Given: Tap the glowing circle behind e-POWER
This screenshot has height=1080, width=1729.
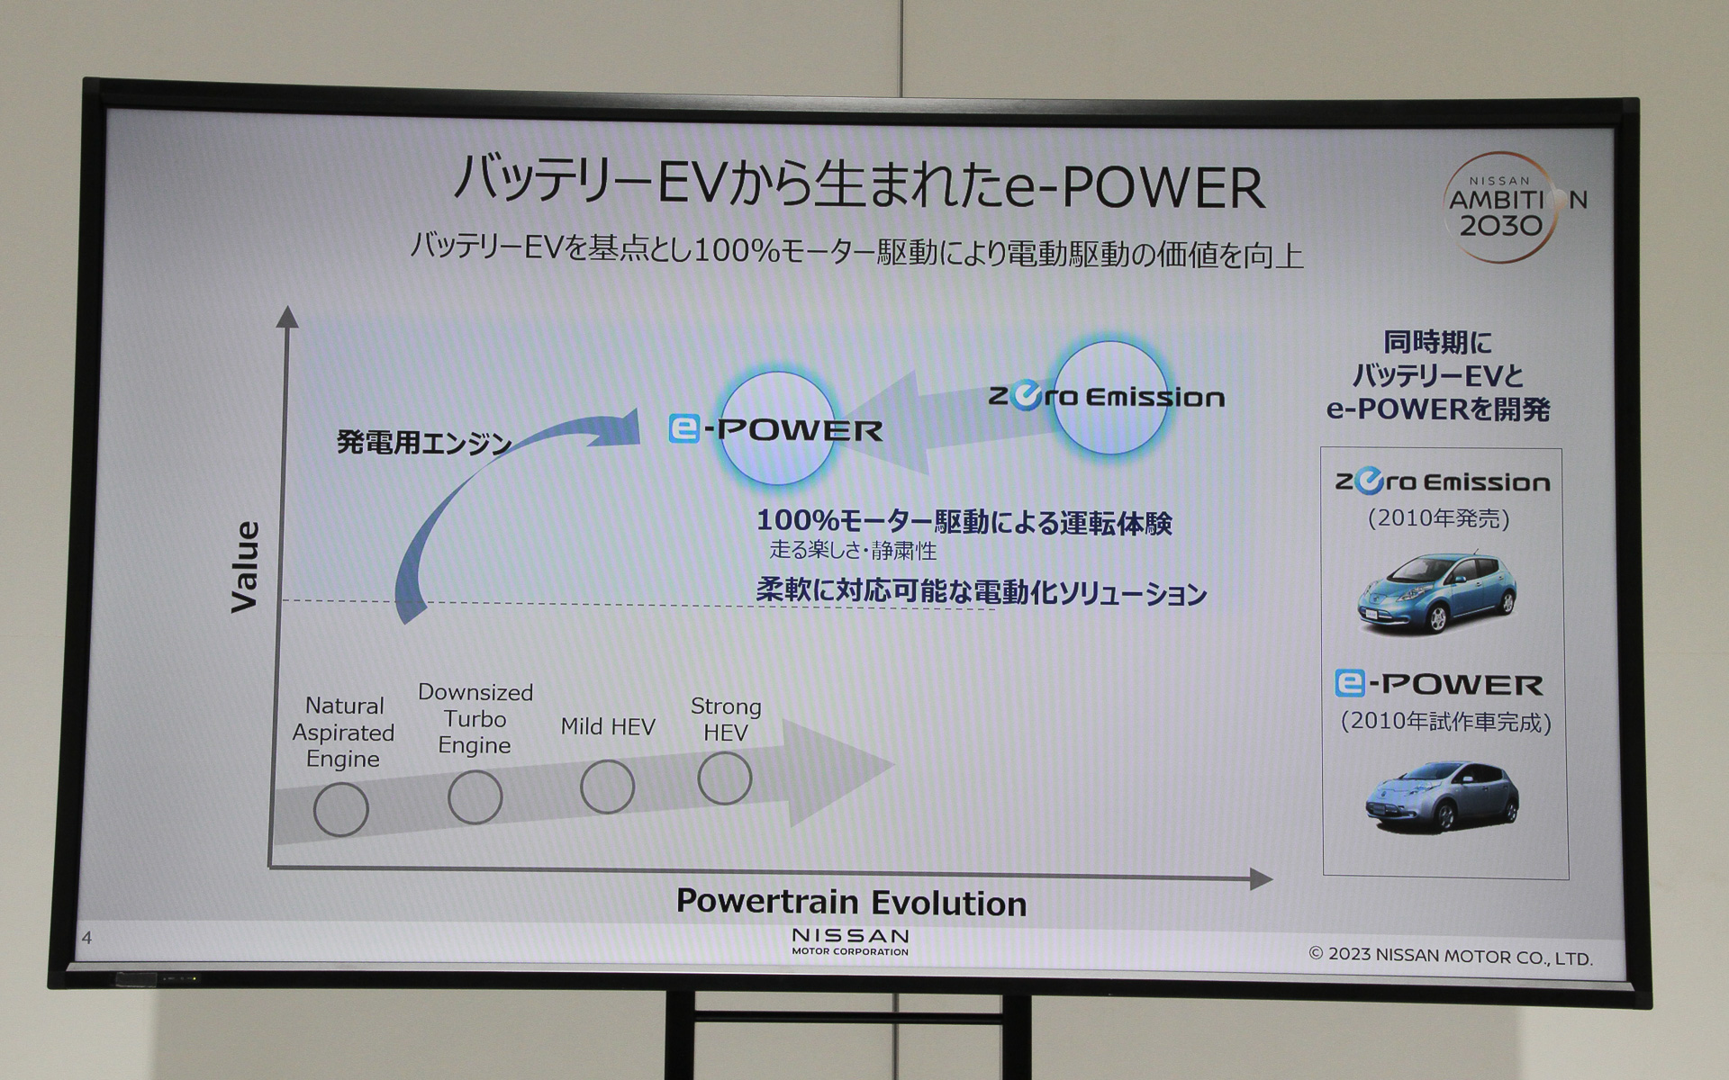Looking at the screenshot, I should pyautogui.click(x=777, y=428).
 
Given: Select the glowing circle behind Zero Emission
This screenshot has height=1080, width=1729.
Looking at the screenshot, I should pyautogui.click(x=1110, y=398).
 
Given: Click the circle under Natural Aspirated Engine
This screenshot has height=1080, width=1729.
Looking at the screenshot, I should pyautogui.click(x=340, y=809).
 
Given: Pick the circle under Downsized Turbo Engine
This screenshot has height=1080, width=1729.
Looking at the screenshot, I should pyautogui.click(x=475, y=796).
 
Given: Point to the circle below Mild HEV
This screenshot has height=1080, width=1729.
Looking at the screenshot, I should pyautogui.click(x=607, y=787).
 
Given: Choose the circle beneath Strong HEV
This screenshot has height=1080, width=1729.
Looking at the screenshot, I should pyautogui.click(x=724, y=778).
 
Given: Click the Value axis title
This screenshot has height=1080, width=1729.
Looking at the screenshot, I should pyautogui.click(x=245, y=567).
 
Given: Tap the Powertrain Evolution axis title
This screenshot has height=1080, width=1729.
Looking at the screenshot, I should pyautogui.click(x=851, y=903).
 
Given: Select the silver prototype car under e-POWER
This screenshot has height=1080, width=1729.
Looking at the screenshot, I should pyautogui.click(x=1442, y=795).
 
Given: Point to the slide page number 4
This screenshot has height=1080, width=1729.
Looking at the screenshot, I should pyautogui.click(x=86, y=938).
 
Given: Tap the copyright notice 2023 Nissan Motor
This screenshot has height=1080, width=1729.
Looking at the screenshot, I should pyautogui.click(x=1450, y=956).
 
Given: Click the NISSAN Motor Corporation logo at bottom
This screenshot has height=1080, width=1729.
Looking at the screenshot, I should pyautogui.click(x=850, y=941).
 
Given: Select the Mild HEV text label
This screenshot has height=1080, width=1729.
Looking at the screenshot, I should pyautogui.click(x=607, y=726).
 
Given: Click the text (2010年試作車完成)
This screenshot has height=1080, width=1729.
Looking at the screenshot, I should pyautogui.click(x=1445, y=722).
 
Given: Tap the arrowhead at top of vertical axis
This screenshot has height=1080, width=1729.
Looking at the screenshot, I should pyautogui.click(x=287, y=317).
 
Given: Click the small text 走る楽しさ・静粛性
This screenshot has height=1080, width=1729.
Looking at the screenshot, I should pyautogui.click(x=852, y=550).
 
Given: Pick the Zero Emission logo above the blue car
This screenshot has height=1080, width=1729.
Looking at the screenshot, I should pyautogui.click(x=1442, y=482).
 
